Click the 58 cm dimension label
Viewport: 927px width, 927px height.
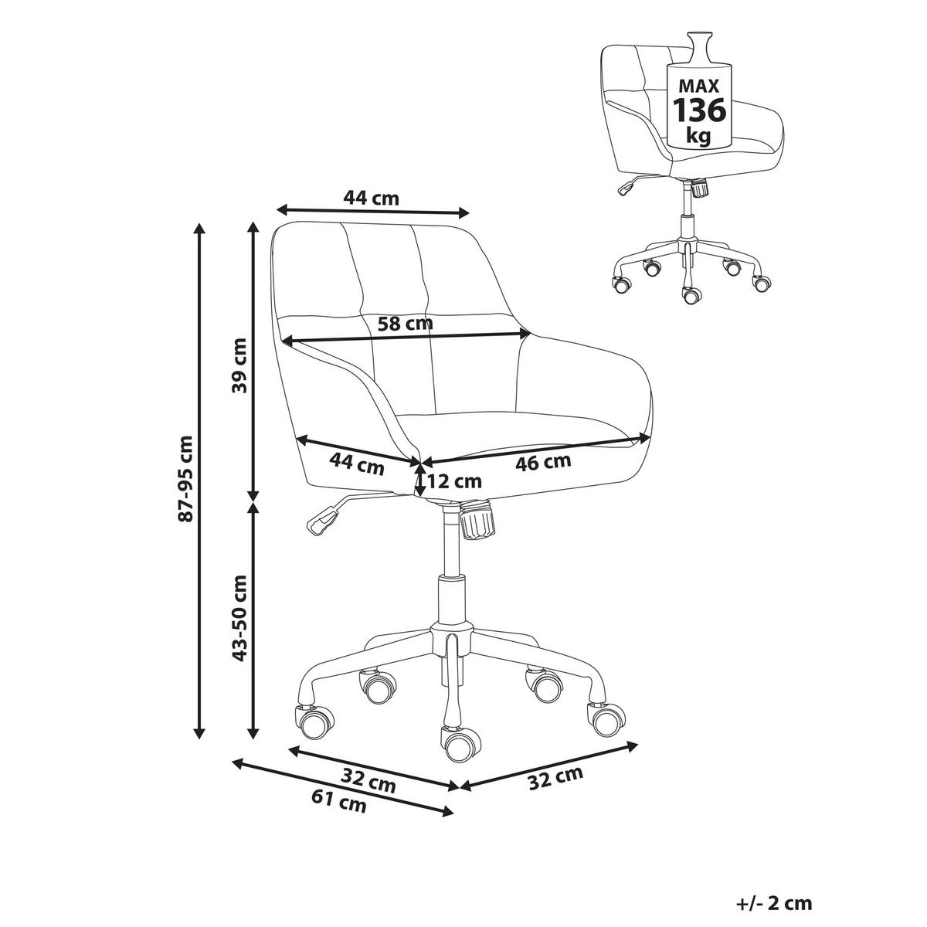click(405, 323)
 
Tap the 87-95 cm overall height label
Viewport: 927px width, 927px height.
click(185, 479)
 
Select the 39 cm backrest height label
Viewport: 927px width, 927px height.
click(239, 365)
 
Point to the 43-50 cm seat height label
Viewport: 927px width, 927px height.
click(239, 618)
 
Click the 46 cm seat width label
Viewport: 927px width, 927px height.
click(543, 463)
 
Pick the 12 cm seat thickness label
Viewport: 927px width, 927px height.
click(453, 480)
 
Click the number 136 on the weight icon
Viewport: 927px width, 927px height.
click(699, 110)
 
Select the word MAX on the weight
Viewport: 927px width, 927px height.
click(698, 86)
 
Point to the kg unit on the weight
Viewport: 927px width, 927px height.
click(698, 137)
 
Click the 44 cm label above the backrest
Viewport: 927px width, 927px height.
click(371, 198)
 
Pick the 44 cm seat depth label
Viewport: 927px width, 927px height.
click(356, 465)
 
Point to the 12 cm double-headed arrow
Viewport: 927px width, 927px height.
click(420, 479)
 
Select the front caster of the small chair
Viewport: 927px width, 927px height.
click(691, 295)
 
